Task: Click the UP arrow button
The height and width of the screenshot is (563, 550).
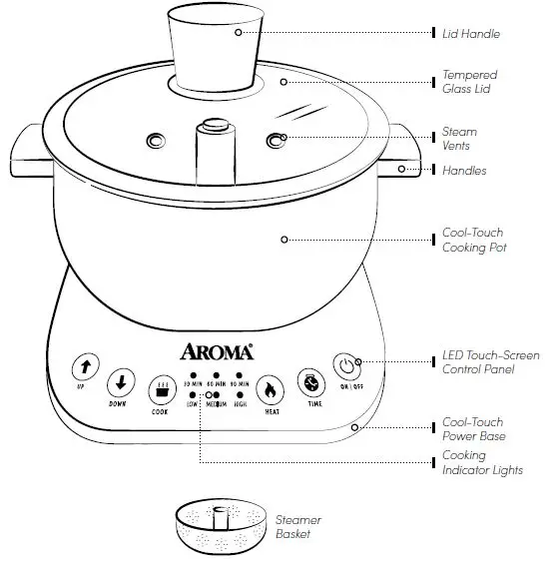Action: click(x=84, y=367)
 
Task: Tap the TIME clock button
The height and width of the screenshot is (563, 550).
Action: click(x=309, y=382)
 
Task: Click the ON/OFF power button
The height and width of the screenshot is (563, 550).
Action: click(x=345, y=366)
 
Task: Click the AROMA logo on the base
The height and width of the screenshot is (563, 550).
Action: click(x=217, y=350)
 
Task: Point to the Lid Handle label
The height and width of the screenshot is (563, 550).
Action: click(x=471, y=34)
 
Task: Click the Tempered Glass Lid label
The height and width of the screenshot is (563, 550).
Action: click(x=469, y=82)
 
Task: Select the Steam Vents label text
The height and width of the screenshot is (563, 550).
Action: click(x=459, y=139)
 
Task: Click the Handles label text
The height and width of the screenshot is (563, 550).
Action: click(x=464, y=171)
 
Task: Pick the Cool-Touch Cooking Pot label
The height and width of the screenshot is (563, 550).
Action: click(x=473, y=240)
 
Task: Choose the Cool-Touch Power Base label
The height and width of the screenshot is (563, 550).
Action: click(x=473, y=429)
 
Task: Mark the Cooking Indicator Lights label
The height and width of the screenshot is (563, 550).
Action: click(x=482, y=463)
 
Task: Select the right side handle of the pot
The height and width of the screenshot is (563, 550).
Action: click(x=403, y=149)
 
